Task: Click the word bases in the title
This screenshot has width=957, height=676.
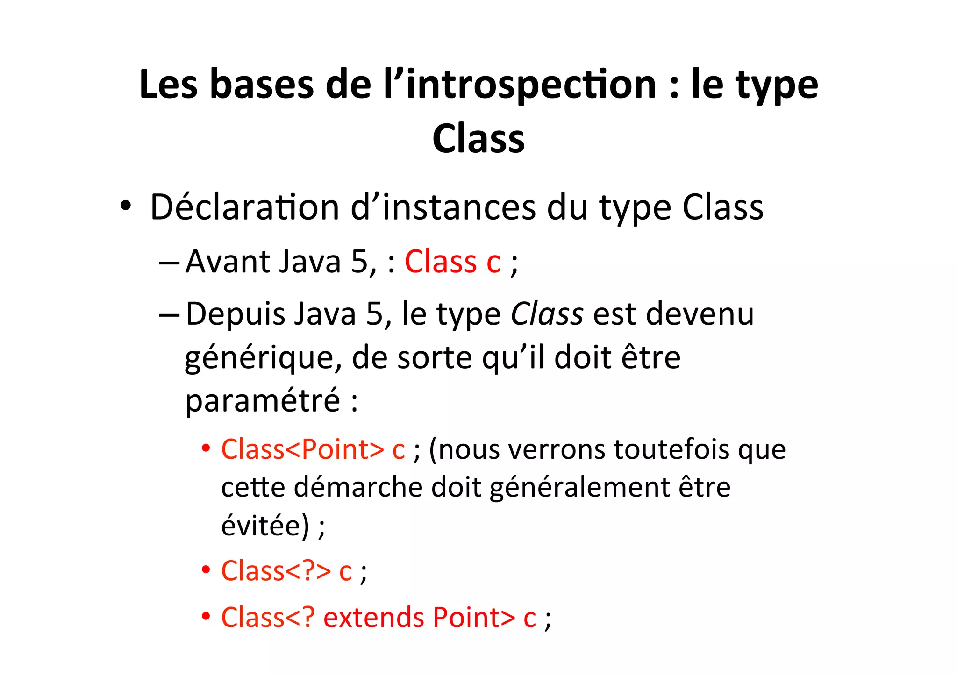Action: (262, 85)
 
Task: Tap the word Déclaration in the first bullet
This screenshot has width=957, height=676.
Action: (244, 207)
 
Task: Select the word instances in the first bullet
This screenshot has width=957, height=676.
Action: (459, 207)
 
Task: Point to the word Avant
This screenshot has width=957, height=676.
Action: (227, 262)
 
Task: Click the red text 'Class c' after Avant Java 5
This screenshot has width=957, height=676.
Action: (452, 262)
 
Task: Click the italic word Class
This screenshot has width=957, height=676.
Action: (547, 314)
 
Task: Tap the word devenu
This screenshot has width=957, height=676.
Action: (700, 314)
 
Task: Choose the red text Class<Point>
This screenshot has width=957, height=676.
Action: (302, 450)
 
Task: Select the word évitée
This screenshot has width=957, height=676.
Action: (265, 527)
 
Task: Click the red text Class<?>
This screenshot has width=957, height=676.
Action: (276, 571)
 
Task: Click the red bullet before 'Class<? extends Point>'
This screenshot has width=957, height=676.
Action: (206, 617)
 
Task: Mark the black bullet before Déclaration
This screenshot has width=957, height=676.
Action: (125, 206)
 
